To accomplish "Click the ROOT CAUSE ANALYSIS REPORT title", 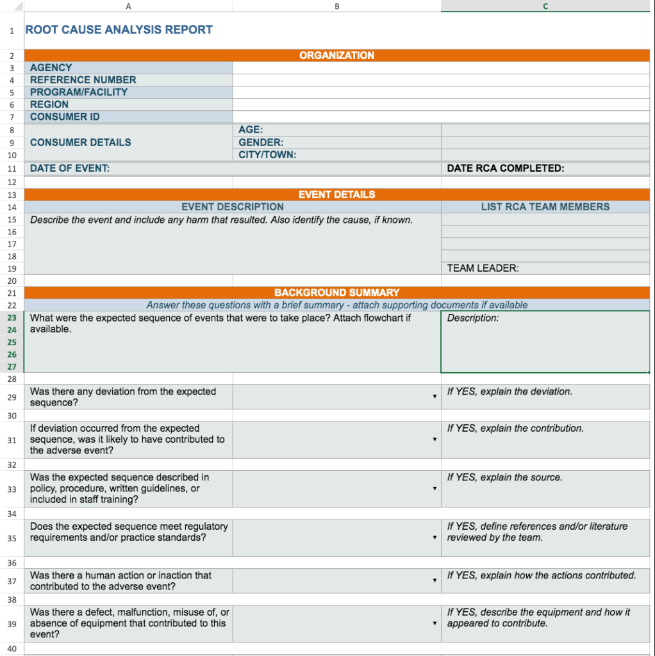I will click(119, 29).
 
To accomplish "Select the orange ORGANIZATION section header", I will click(336, 56).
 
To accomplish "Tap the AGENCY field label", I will click(51, 67).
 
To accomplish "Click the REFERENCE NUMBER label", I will click(83, 80).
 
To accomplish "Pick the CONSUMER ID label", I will click(65, 117).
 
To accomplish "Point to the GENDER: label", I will click(261, 142).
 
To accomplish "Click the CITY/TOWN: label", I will click(267, 154).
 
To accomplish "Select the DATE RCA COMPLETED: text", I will click(505, 168).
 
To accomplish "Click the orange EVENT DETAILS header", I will click(336, 195).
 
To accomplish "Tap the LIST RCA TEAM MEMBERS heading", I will click(545, 207).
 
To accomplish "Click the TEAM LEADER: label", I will click(483, 268).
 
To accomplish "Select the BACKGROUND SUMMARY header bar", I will click(336, 293).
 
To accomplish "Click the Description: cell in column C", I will click(473, 318).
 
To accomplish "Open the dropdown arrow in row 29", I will click(435, 397).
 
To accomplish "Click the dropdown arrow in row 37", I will click(435, 580).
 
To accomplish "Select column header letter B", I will click(336, 6).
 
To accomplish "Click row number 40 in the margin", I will click(12, 648).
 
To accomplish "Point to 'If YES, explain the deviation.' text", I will click(510, 391).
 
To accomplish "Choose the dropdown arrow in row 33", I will click(435, 489).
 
